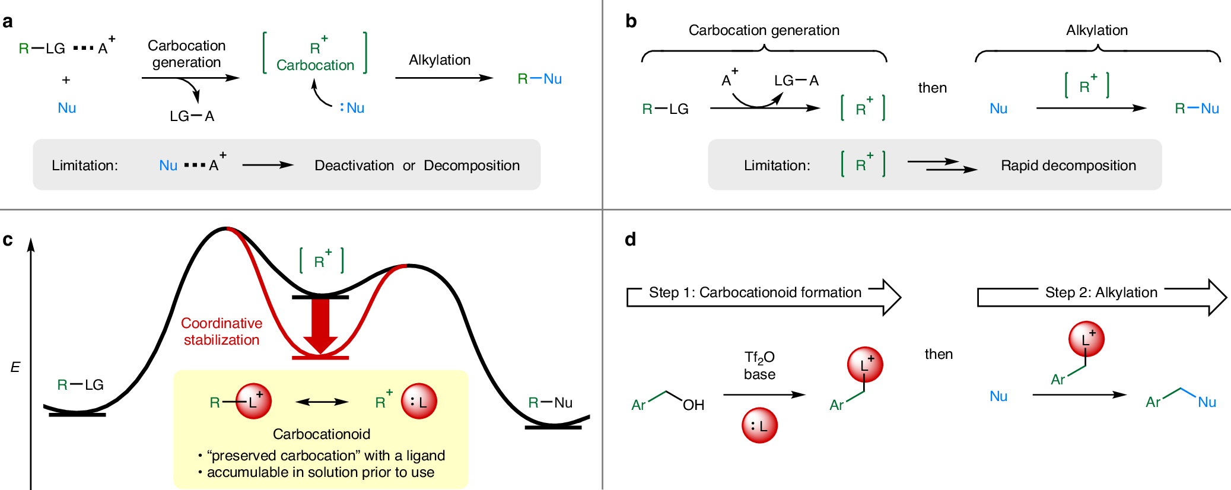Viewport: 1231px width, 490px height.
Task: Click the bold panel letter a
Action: tap(8, 22)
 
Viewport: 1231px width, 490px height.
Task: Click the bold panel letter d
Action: tap(630, 240)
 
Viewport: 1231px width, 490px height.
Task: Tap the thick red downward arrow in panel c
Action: tap(320, 326)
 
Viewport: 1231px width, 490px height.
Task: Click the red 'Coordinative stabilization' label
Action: tap(221, 331)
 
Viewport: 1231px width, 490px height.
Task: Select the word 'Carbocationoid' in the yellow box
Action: tap(322, 434)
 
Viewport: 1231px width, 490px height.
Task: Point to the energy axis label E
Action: tap(15, 367)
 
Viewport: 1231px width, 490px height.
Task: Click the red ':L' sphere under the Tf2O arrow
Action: tap(759, 425)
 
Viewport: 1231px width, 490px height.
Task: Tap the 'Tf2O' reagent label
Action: tap(759, 357)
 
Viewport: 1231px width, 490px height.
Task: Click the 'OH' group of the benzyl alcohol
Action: tap(693, 405)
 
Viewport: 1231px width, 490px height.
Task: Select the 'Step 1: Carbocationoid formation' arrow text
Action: tap(755, 292)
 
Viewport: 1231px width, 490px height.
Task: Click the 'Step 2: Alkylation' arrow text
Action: tap(1101, 292)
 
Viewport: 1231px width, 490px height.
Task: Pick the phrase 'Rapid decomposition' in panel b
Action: tap(1068, 166)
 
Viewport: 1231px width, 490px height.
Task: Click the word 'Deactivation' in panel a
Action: tap(354, 166)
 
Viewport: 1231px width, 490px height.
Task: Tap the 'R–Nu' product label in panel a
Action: tap(539, 79)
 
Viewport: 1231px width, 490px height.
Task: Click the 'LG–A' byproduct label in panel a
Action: tap(192, 116)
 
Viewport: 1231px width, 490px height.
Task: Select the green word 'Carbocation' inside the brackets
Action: tap(315, 65)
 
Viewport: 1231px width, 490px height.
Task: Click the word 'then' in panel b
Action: tap(932, 88)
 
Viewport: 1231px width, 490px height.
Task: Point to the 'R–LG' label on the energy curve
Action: tap(80, 385)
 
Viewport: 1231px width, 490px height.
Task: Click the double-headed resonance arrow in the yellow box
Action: tap(322, 402)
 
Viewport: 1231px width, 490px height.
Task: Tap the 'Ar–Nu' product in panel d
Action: tap(1181, 399)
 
